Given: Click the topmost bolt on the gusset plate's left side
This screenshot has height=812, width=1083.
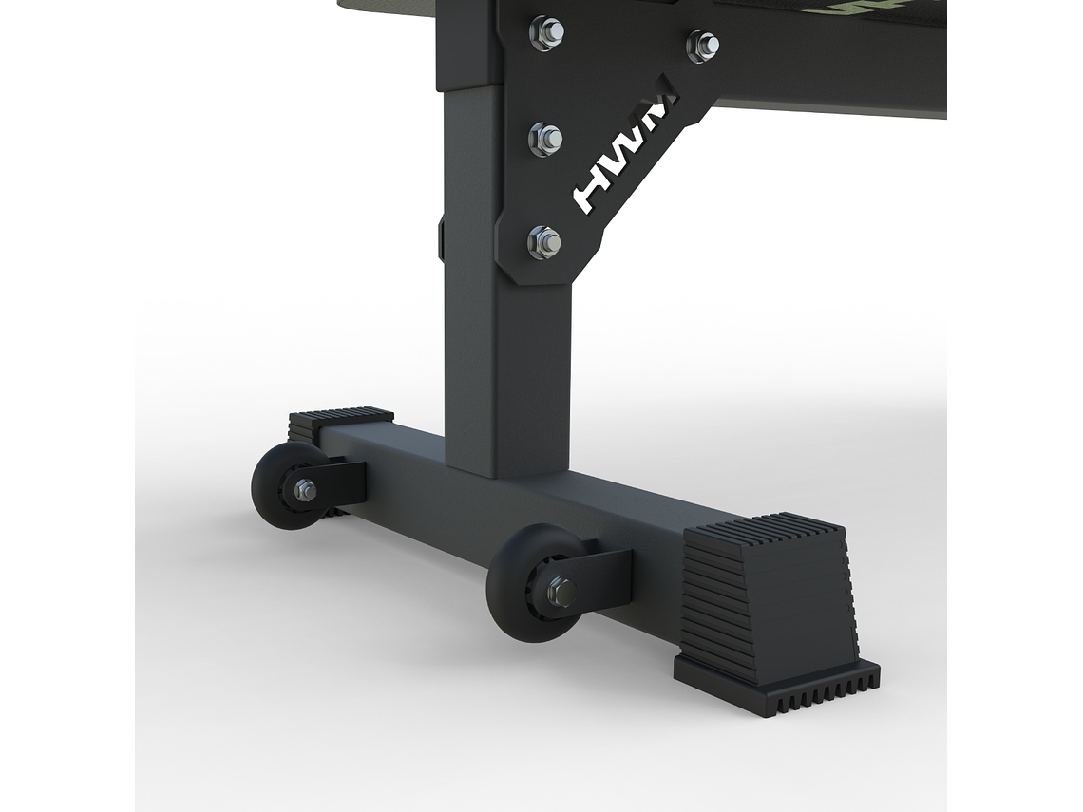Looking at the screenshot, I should click(546, 32).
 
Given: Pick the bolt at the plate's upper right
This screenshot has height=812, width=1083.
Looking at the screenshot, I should click(703, 45).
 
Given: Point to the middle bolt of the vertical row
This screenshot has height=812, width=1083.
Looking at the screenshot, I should click(545, 139).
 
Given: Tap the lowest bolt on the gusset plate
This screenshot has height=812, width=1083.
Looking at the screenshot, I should click(544, 242).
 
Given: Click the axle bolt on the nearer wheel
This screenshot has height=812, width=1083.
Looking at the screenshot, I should click(560, 592).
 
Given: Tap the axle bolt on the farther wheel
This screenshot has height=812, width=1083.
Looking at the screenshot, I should click(305, 490).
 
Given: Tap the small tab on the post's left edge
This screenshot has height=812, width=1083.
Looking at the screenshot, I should click(441, 237).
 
